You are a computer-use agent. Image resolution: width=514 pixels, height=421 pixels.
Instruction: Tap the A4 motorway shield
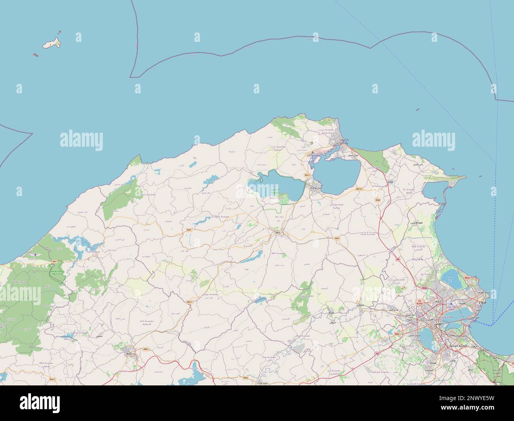398,259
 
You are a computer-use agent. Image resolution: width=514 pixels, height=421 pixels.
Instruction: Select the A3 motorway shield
377,353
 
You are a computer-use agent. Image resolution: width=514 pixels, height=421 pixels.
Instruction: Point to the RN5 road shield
397,334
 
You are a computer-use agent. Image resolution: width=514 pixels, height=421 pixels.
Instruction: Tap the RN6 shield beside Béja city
146,349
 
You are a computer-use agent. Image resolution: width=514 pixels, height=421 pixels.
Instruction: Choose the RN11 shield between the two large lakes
307,175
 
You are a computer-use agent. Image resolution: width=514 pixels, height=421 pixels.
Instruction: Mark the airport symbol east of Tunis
451,304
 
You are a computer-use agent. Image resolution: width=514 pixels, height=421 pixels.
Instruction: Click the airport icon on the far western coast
36,254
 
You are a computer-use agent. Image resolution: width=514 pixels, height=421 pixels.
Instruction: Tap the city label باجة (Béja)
128,355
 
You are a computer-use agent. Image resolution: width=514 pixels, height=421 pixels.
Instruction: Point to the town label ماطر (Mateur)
278,232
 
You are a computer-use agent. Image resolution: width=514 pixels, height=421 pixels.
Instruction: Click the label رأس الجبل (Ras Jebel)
418,164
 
